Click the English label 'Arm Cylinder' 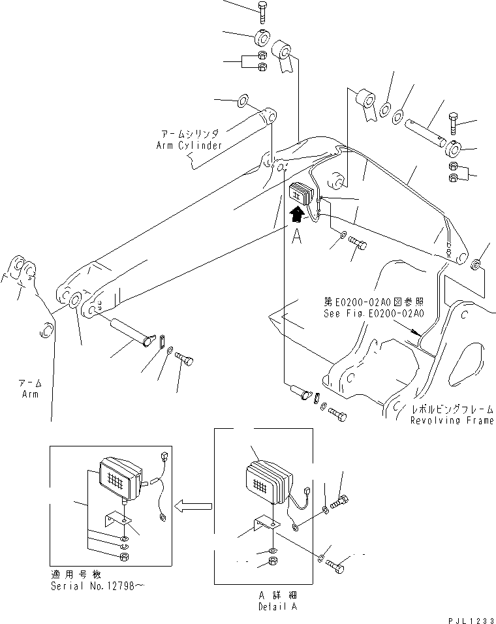coord(189,145)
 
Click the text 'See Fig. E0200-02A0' coord(373,313)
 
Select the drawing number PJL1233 coord(469,617)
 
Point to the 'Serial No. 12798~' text coord(97,586)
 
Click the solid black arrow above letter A coord(297,213)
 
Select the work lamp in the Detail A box coord(268,482)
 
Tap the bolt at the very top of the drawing coord(261,11)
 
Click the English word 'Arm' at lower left coord(29,394)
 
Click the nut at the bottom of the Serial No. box coord(123,555)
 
